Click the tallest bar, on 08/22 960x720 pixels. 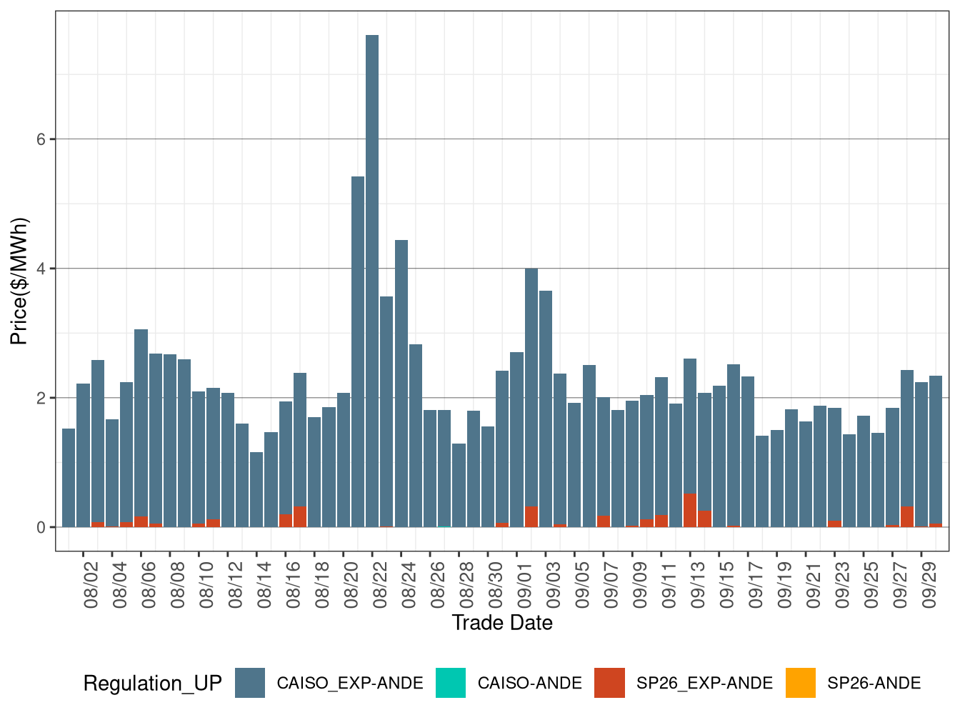372,279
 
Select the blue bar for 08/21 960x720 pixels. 358,350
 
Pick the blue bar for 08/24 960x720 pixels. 401,382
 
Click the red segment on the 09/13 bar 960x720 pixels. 690,511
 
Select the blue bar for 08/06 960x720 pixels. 141,421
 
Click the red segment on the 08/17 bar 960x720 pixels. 300,517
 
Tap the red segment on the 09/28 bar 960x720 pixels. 907,517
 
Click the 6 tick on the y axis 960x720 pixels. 41,139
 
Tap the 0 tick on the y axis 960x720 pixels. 41,527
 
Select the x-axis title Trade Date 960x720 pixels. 502,623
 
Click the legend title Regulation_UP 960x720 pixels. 152,684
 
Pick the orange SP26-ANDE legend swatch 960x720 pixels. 800,683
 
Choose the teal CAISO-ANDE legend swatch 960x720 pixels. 450,683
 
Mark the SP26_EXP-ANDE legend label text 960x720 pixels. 704,684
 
